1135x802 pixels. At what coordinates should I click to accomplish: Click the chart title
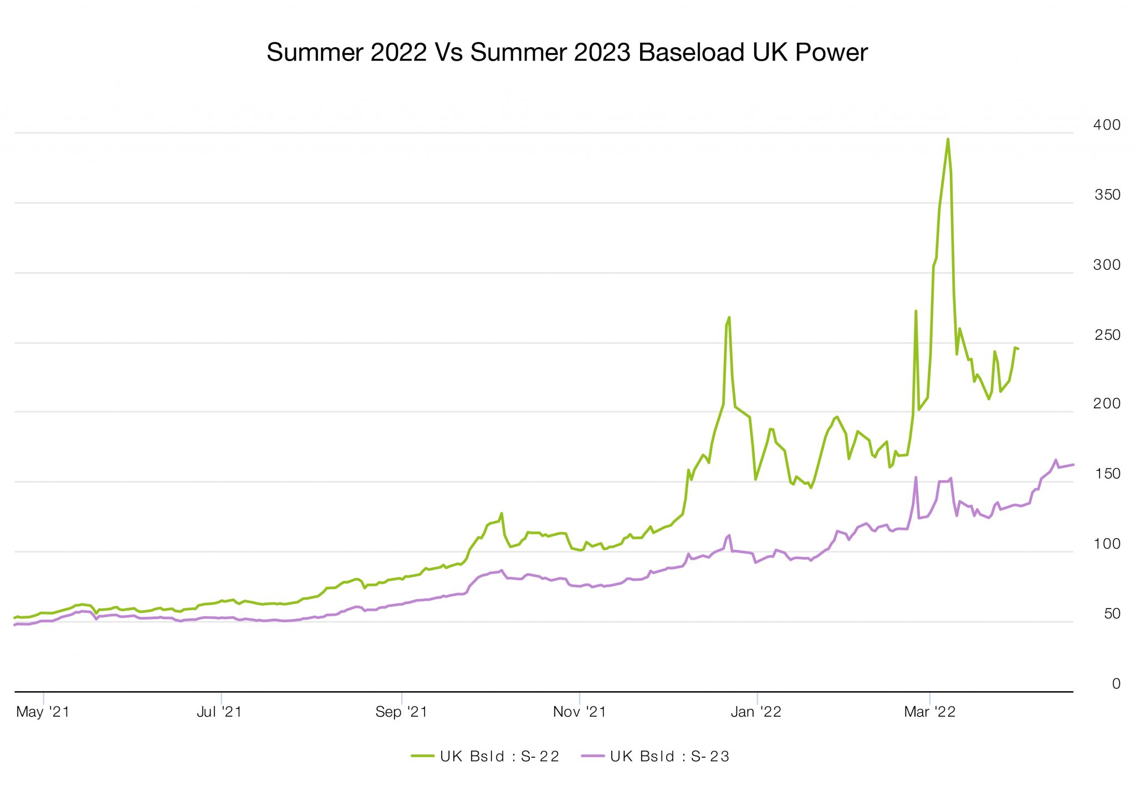[x=566, y=53]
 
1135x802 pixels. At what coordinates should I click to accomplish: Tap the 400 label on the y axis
[x=1106, y=125]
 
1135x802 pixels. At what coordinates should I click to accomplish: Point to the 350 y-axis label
[x=1107, y=195]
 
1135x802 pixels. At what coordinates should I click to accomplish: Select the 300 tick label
[x=1106, y=265]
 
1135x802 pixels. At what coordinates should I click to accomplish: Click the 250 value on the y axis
[x=1107, y=335]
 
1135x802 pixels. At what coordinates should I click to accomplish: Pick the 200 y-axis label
[x=1106, y=404]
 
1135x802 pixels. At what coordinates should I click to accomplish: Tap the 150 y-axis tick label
[x=1107, y=474]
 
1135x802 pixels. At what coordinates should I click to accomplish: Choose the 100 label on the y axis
[x=1106, y=544]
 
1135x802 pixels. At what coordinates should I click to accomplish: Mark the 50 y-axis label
[x=1112, y=614]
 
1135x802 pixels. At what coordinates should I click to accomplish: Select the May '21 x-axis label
[x=43, y=712]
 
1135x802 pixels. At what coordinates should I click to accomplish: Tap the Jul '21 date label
[x=219, y=712]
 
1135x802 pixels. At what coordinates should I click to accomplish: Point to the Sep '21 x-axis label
[x=401, y=712]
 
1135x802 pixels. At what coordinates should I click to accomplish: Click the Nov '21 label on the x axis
[x=579, y=712]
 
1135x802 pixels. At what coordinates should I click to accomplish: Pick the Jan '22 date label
[x=756, y=712]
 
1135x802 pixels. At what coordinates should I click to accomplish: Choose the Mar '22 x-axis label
[x=929, y=712]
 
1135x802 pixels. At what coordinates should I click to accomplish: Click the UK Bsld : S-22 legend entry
[x=485, y=757]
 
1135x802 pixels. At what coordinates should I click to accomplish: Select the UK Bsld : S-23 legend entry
[x=656, y=757]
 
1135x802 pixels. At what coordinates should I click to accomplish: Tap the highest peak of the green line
[x=948, y=139]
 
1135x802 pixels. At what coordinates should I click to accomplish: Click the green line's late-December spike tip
[x=729, y=318]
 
